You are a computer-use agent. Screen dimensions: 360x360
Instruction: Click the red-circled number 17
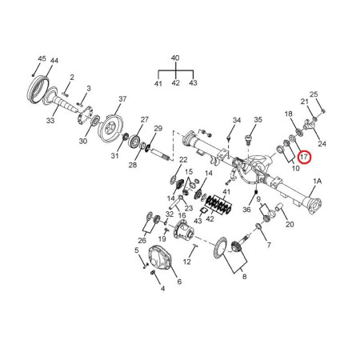[x=304, y=157]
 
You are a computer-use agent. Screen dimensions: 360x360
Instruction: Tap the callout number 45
[x=42, y=58]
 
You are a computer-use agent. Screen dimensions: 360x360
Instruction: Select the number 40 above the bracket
[x=175, y=58]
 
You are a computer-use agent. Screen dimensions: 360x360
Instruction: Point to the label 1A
[x=318, y=182]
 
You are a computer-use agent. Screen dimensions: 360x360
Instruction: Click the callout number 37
[x=122, y=99]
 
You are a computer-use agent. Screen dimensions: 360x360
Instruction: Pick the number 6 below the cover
[x=179, y=282]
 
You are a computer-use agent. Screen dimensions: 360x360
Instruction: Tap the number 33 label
[x=50, y=121]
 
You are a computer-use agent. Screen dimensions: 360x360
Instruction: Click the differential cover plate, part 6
[x=160, y=258]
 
